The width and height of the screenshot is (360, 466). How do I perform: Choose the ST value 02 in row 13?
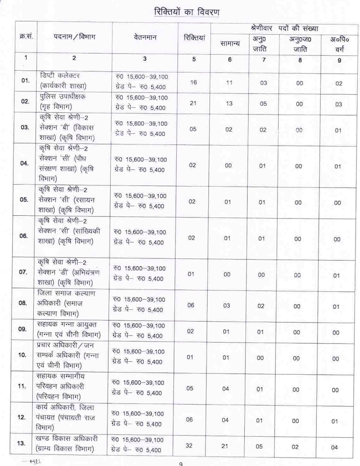pos(300,446)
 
